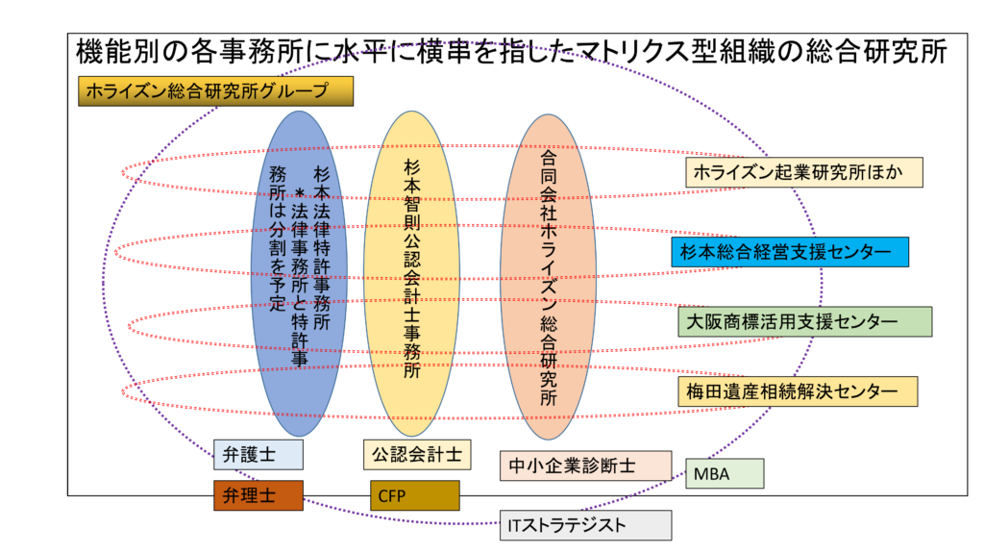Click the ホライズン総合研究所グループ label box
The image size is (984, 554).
click(216, 91)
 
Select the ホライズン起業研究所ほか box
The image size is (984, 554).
click(804, 173)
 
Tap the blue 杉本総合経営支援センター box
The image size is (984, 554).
click(789, 252)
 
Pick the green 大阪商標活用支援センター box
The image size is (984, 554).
click(803, 321)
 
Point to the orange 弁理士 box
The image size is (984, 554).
click(258, 496)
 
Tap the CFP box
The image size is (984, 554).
click(415, 496)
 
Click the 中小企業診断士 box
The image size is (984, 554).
click(585, 466)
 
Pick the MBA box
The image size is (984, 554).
click(725, 473)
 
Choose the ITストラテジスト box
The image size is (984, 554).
click(585, 526)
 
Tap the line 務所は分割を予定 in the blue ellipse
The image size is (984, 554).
click(277, 240)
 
